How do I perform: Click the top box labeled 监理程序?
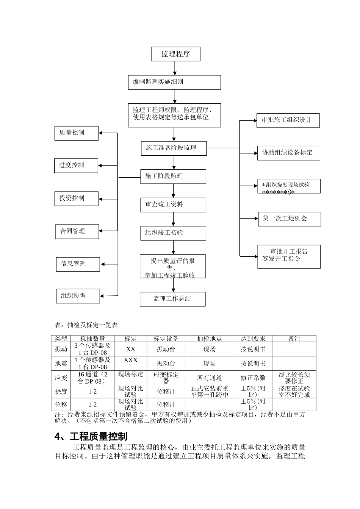click(x=175, y=54)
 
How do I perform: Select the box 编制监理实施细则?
click(x=174, y=82)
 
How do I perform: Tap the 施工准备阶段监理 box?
click(x=174, y=148)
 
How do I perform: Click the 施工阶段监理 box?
click(x=173, y=176)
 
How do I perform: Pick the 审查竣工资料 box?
click(x=173, y=205)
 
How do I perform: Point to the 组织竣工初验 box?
click(x=173, y=233)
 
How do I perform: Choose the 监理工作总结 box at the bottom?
click(x=172, y=299)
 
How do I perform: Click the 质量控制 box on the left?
click(x=76, y=133)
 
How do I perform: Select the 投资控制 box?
click(x=76, y=198)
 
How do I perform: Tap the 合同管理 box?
click(x=77, y=231)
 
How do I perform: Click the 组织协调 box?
click(x=78, y=296)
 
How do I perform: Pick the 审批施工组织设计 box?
click(x=288, y=120)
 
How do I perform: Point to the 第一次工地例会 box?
click(x=290, y=219)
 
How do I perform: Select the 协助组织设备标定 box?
click(x=288, y=153)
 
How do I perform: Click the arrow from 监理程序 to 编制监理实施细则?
click(x=175, y=68)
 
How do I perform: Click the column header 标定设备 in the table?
click(x=166, y=339)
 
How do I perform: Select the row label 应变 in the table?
click(x=61, y=378)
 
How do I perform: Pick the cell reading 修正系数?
click(x=253, y=378)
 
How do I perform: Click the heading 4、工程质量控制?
click(x=91, y=437)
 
